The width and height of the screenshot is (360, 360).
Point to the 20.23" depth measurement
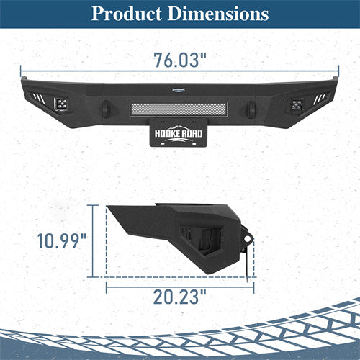180,295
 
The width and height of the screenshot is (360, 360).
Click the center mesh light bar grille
179,109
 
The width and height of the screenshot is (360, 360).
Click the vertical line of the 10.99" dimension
94,239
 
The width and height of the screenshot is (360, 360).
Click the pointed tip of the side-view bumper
108,208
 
